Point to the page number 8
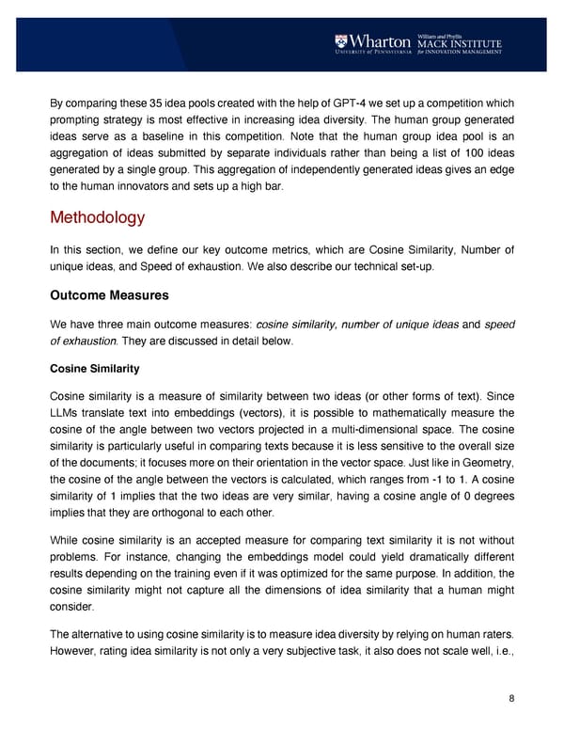[510, 697]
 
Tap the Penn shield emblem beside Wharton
[339, 41]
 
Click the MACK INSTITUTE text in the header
[461, 42]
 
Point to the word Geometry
[478, 472]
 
